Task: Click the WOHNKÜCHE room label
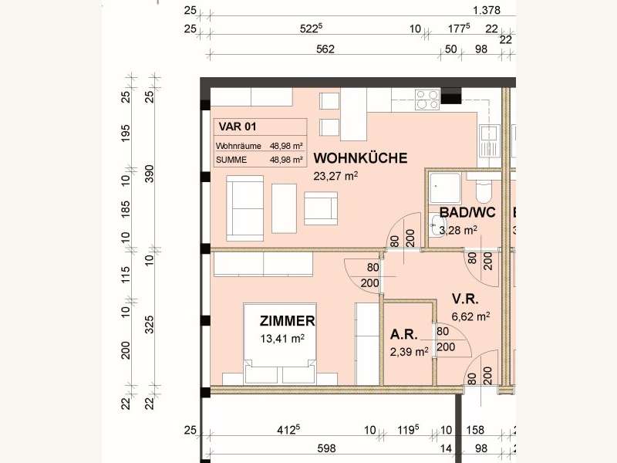(x=360, y=158)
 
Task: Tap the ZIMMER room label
(x=287, y=321)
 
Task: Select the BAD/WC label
(x=467, y=213)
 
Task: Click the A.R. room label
(x=404, y=336)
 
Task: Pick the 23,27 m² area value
(x=336, y=176)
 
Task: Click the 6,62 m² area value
(x=472, y=316)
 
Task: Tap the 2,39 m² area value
(x=410, y=352)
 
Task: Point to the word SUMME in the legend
(x=231, y=160)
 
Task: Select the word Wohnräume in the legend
(x=236, y=145)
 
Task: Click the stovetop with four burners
(x=427, y=98)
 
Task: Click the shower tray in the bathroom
(x=446, y=187)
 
